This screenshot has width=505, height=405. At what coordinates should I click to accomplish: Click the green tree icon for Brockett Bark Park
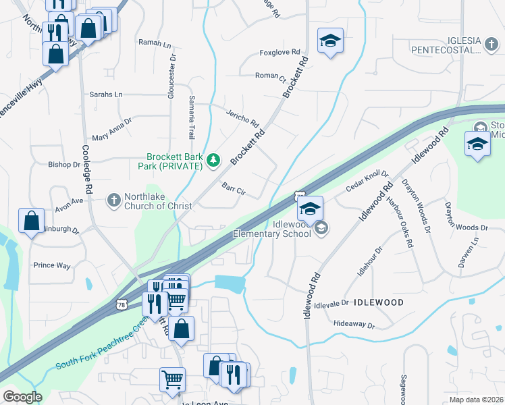213,159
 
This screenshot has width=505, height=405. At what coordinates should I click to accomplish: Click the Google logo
22,397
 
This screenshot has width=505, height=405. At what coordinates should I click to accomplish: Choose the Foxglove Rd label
279,53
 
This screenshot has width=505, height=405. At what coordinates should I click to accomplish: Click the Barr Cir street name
233,188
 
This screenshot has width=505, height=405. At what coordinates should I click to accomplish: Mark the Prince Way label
52,265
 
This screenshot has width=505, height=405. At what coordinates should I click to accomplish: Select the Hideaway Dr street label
354,325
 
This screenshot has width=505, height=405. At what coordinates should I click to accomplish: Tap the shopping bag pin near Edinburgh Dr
32,221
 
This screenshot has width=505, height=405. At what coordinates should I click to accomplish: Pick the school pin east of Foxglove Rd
331,42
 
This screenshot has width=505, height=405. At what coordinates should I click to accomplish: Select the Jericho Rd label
242,119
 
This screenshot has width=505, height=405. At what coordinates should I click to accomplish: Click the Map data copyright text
477,400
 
